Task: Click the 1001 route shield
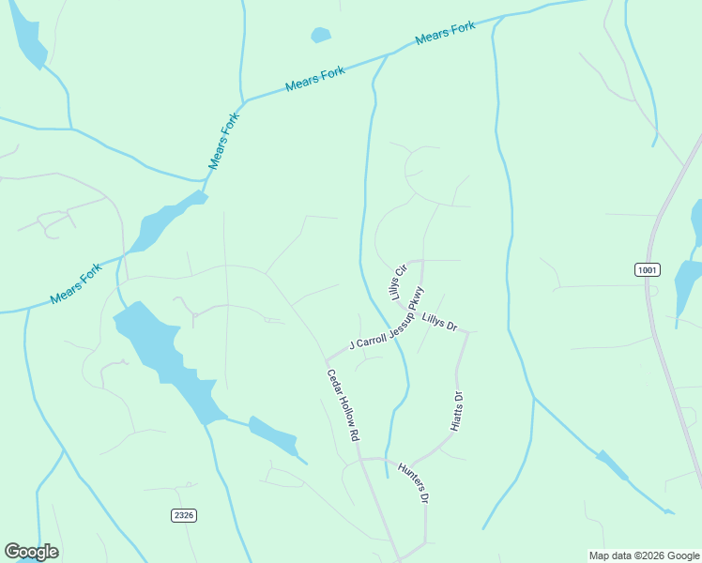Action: [x=647, y=269]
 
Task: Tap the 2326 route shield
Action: [x=185, y=515]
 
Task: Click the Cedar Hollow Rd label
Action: [x=343, y=405]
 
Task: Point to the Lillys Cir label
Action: [x=398, y=281]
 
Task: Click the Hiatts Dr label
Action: [x=457, y=411]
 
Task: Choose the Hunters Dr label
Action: [x=413, y=482]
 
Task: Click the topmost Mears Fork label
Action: [x=445, y=33]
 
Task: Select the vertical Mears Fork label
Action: [x=224, y=141]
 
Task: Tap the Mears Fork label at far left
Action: [x=75, y=283]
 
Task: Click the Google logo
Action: [x=31, y=552]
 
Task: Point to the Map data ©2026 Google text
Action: [x=644, y=555]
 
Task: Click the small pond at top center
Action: [x=321, y=36]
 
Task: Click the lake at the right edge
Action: [x=690, y=277]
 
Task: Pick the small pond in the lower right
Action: [x=613, y=464]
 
